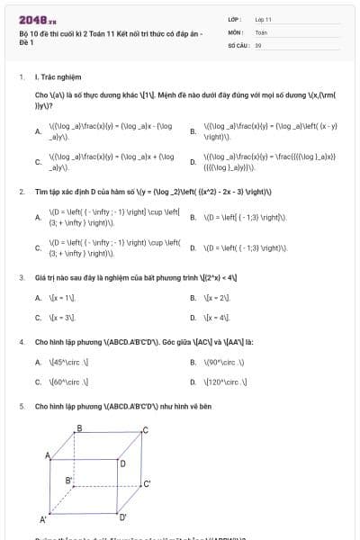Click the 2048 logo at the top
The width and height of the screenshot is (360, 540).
coord(37,19)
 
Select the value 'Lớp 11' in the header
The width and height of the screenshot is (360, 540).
coord(264,18)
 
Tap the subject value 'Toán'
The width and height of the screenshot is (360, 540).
coord(261,31)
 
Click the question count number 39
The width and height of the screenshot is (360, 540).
coord(258,43)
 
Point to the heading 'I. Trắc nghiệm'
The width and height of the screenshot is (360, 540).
coord(54,77)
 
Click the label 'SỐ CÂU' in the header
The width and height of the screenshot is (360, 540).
coord(237,43)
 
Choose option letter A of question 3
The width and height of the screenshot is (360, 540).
coord(38,296)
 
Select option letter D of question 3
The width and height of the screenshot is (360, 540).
coord(193,318)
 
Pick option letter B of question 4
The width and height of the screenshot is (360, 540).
coord(193,363)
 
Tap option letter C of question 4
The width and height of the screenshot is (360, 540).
coord(38,382)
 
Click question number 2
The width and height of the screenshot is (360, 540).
coord(21,193)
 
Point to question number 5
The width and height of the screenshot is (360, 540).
coord(21,407)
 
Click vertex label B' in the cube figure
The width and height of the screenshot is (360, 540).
coord(68,481)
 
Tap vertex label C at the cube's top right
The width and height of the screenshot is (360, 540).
coord(146,430)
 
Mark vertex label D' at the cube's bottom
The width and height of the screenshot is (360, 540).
coord(124,517)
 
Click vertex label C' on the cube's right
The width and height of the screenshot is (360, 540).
coord(147,483)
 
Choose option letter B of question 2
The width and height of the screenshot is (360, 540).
coord(193,218)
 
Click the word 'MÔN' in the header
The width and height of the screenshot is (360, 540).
coord(236,31)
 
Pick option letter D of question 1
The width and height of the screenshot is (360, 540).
coord(193,163)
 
